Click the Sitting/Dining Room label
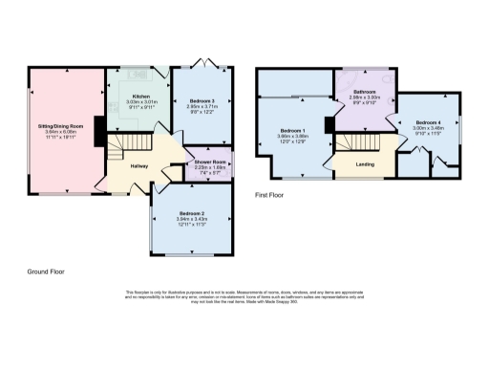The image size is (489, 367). pos(64,126)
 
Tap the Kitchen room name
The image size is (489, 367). pos(141,97)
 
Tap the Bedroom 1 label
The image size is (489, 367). pos(292,130)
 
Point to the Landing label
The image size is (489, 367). pos(365,164)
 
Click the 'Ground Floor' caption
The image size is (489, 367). pos(47,271)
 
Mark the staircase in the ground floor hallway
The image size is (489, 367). pos(116,149)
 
